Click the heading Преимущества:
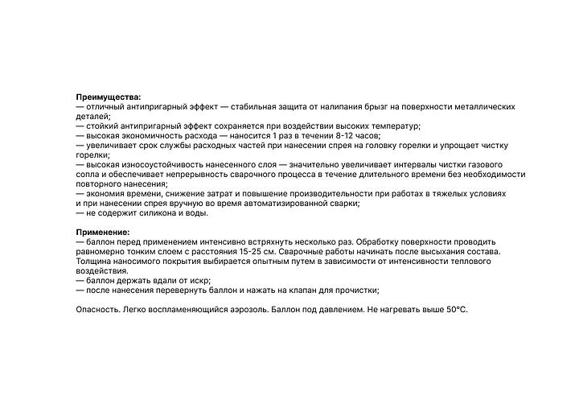(x=108, y=97)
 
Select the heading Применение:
(x=103, y=233)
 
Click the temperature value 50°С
(x=454, y=310)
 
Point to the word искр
(x=198, y=281)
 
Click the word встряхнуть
(x=250, y=242)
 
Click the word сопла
(x=89, y=175)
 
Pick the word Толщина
(x=96, y=262)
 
